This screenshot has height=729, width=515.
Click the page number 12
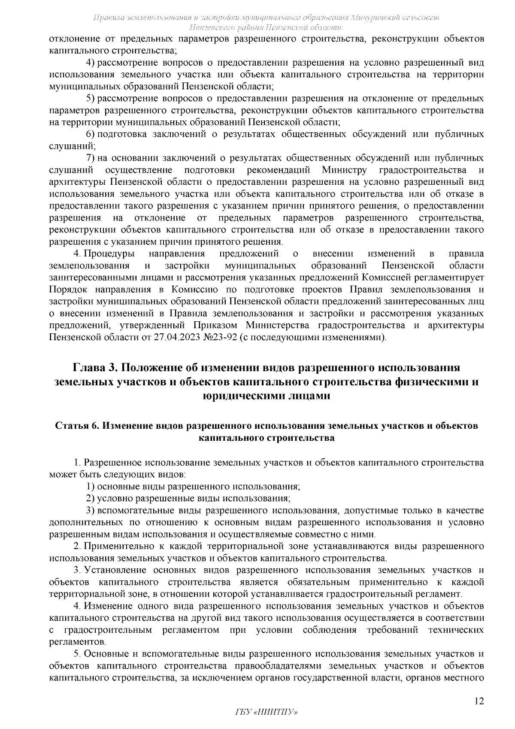point(479,701)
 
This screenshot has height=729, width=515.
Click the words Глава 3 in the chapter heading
point(95,368)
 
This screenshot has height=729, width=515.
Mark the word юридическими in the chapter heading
point(238,396)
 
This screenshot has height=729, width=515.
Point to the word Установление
point(111,570)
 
